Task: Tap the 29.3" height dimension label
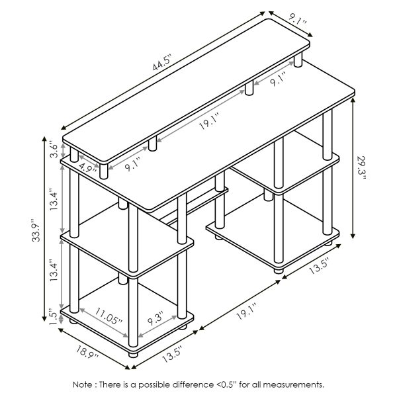pyautogui.click(x=362, y=168)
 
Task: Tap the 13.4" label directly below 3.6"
pyautogui.click(x=52, y=199)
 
